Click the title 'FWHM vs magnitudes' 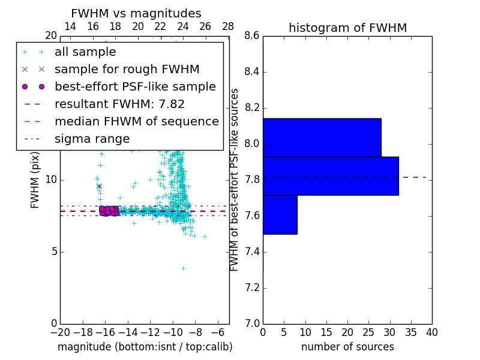[136, 14]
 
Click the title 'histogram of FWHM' [347, 28]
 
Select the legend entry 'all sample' [85, 52]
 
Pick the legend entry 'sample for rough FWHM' [127, 70]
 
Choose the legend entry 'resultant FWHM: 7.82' [119, 104]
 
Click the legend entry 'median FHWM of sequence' [136, 122]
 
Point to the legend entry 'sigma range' [92, 139]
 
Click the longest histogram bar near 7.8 [331, 176]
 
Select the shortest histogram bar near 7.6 [280, 214]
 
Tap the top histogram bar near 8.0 [322, 137]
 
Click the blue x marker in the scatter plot [99, 187]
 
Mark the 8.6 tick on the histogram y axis [252, 36]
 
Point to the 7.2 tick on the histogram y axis [252, 288]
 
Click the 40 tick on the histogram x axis [431, 332]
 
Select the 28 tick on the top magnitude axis [228, 26]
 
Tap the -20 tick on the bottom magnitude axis [60, 332]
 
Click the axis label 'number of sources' [347, 347]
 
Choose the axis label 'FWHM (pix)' [35, 179]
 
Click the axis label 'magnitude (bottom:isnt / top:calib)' [145, 347]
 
